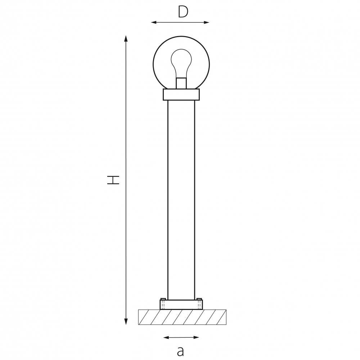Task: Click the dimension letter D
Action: (x=183, y=12)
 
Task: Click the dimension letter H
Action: (x=113, y=180)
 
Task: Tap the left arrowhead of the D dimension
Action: (x=154, y=22)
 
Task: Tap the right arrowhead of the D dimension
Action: (x=207, y=22)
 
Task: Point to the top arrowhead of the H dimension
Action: (x=126, y=39)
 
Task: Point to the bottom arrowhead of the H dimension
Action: (x=126, y=321)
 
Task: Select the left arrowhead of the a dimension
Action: (x=166, y=338)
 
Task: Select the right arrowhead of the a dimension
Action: (x=196, y=338)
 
